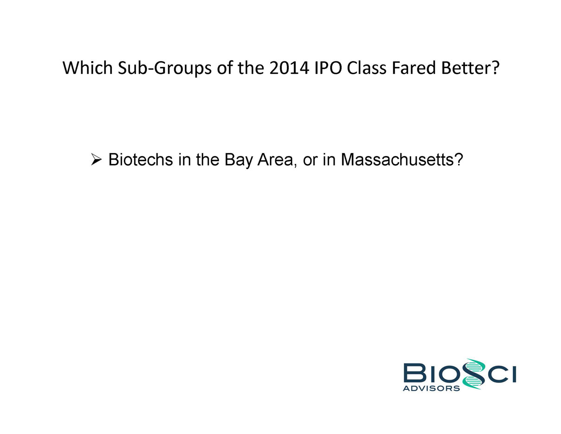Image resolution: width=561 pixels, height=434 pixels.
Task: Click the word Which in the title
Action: [88, 68]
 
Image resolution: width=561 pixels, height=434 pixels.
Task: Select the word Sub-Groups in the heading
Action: [165, 69]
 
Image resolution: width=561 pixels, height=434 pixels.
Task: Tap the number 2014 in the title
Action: [289, 68]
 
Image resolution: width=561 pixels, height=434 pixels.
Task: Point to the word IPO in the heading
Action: [328, 68]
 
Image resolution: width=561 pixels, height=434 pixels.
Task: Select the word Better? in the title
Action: [470, 68]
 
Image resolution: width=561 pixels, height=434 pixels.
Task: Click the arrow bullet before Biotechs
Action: [96, 159]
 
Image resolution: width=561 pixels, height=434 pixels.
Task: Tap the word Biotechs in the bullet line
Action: [140, 160]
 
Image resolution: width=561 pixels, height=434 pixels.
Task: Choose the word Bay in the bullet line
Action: [239, 161]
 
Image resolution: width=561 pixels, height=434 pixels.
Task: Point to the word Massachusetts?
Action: [402, 160]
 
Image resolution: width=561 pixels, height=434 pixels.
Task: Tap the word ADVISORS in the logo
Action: [431, 388]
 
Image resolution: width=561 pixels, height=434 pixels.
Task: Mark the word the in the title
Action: [251, 68]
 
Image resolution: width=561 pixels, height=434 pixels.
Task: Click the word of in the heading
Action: [224, 68]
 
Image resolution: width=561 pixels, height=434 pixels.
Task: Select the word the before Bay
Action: [208, 160]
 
